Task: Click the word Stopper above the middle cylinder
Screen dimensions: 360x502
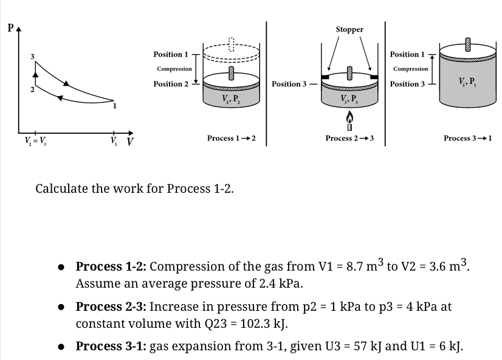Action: click(x=349, y=29)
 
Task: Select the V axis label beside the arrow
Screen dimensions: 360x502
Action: click(x=130, y=144)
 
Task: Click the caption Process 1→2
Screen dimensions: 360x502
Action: click(x=231, y=139)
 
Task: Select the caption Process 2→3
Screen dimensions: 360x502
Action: click(x=349, y=139)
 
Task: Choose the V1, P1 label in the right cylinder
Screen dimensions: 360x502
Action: click(x=467, y=83)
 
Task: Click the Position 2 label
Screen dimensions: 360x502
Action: click(x=171, y=84)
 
